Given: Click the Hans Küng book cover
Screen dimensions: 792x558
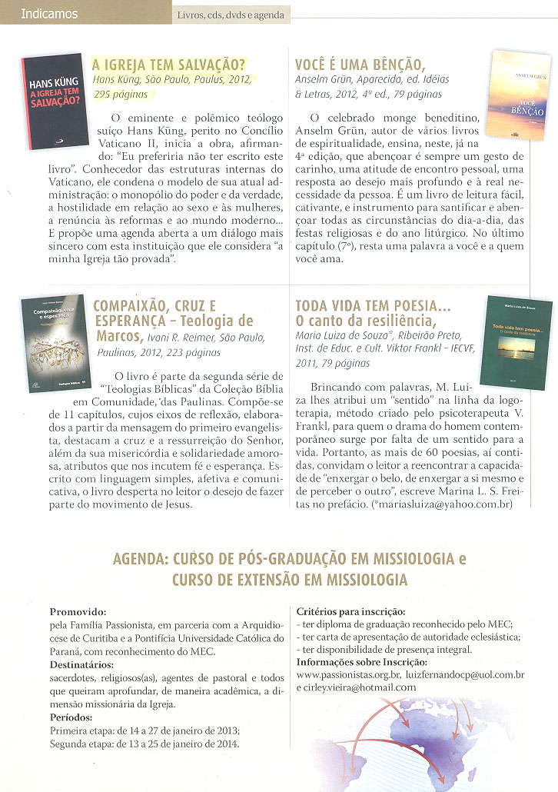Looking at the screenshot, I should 55,91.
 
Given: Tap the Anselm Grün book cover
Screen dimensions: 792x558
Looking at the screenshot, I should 520,94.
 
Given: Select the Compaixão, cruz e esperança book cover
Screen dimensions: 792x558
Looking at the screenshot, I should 54,341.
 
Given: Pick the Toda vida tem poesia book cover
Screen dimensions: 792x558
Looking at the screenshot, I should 515,341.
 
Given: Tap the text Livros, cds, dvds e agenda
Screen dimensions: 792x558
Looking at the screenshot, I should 230,15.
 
